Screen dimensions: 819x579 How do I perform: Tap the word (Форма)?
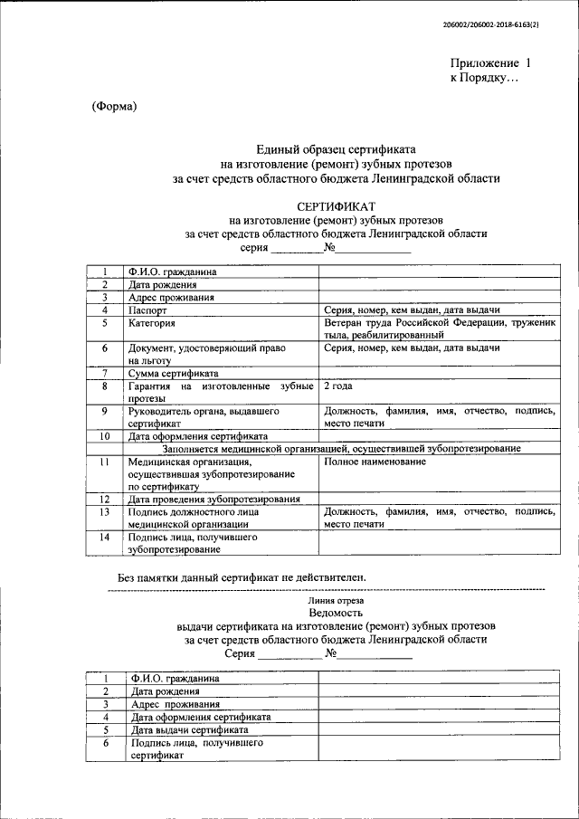(x=114, y=107)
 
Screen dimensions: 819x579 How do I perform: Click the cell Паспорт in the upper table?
(x=148, y=310)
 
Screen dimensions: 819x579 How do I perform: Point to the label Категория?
(x=153, y=322)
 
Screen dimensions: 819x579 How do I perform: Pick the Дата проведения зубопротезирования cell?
(x=214, y=499)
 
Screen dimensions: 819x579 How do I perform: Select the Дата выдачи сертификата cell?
(x=190, y=729)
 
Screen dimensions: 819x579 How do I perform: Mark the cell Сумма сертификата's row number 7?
(x=106, y=373)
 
